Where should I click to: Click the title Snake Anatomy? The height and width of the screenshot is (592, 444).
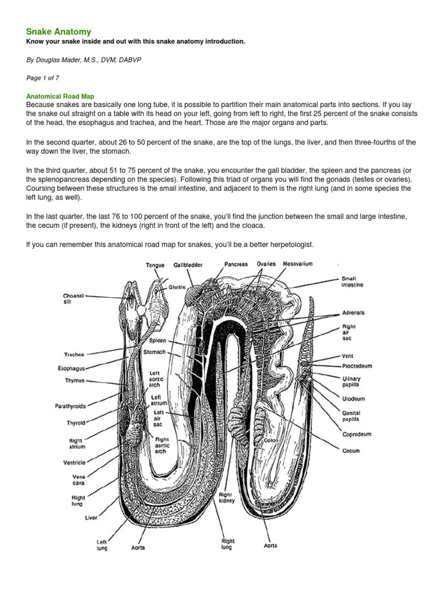coord(58,31)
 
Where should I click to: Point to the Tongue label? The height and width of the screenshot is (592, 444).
coord(155,265)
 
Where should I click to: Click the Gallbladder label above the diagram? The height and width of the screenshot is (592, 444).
coord(188,265)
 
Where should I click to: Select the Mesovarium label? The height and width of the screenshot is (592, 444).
coord(298,264)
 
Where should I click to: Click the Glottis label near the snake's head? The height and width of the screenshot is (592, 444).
coord(177,287)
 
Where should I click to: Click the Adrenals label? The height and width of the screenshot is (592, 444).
coord(353,312)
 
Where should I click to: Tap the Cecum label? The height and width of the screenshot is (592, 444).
coord(350,450)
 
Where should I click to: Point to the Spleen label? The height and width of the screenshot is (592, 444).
coord(157,341)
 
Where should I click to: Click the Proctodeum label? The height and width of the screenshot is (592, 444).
coord(356,366)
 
